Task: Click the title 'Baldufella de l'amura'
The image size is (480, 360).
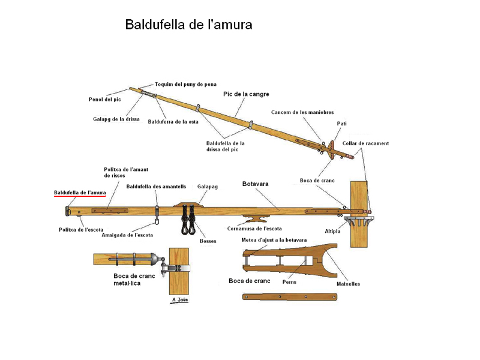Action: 188,25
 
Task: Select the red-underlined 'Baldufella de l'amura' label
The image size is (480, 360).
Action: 80,192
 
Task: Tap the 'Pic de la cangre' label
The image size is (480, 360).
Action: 246,94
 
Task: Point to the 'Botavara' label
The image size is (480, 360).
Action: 255,184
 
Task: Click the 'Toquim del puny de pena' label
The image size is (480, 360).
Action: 185,85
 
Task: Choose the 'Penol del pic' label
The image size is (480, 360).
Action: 105,99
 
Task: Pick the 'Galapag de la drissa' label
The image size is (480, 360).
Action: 116,119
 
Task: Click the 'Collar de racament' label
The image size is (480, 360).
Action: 365,143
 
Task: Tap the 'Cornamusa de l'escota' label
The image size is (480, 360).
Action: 255,229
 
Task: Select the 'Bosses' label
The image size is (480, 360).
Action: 208,241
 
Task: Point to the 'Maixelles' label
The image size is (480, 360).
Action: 348,284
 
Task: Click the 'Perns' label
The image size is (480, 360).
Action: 289,281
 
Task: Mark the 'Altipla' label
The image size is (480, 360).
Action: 332,231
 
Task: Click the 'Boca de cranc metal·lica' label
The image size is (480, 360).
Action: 134,280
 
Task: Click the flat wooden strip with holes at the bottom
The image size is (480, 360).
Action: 290,296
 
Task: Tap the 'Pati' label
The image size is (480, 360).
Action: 341,124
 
